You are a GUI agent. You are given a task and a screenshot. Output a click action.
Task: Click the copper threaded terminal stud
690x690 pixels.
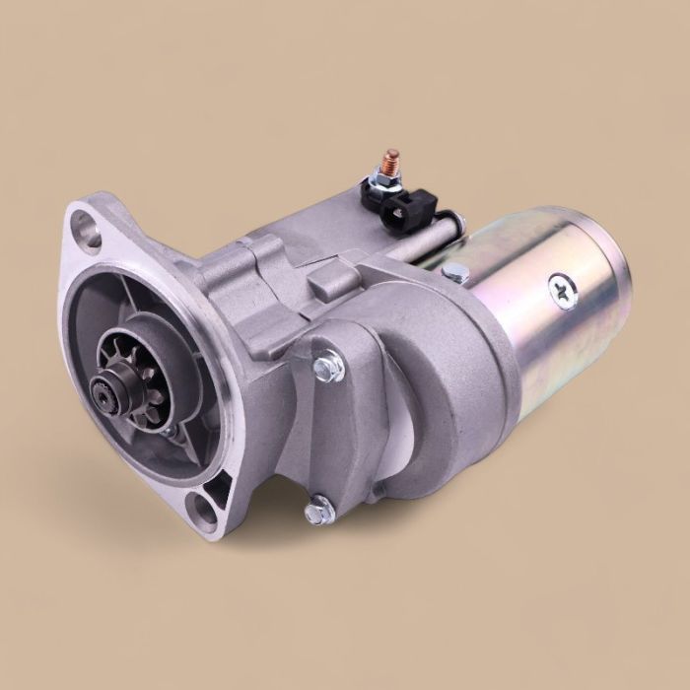click(x=391, y=161)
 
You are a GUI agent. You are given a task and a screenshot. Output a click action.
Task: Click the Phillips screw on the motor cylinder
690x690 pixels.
click(x=563, y=291)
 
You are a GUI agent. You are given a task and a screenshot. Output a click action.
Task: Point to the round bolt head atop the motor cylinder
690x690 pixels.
click(x=455, y=272)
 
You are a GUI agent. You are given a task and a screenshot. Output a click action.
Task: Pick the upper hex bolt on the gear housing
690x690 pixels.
click(x=329, y=368)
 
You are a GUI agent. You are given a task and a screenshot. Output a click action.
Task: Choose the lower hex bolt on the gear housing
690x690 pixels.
click(x=317, y=512)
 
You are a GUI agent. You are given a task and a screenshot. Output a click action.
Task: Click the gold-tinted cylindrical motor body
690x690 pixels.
click(x=532, y=315)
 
